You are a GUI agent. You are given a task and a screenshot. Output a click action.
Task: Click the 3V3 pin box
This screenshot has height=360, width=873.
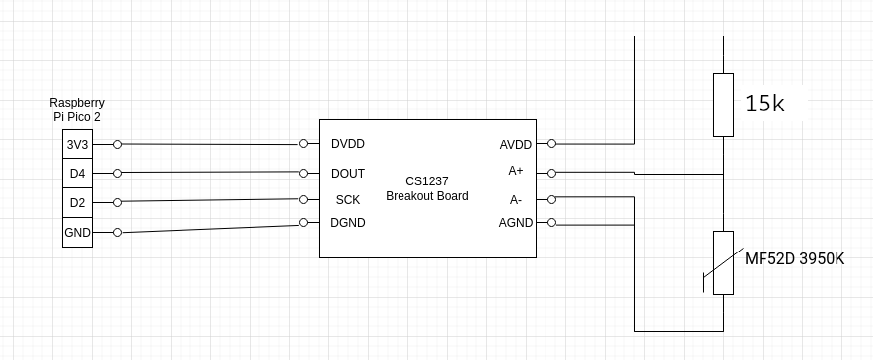[76, 144]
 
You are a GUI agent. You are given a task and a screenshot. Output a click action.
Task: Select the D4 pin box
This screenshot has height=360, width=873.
[76, 174]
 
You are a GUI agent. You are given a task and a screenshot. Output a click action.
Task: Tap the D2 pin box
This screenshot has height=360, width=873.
[76, 203]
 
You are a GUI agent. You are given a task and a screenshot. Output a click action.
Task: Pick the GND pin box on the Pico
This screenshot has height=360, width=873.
[76, 233]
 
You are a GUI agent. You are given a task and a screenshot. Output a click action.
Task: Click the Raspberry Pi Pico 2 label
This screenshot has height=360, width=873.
[77, 109]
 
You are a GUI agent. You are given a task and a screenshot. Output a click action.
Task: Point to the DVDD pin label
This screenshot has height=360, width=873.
[348, 144]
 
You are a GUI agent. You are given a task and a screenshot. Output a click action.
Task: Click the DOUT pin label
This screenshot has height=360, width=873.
[348, 174]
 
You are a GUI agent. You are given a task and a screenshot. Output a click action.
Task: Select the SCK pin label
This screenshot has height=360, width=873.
[348, 200]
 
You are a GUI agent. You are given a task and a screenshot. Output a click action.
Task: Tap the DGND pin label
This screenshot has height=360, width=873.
[348, 223]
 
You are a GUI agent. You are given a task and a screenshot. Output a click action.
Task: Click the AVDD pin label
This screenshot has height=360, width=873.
[515, 145]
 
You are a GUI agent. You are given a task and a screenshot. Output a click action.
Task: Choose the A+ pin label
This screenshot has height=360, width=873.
[516, 171]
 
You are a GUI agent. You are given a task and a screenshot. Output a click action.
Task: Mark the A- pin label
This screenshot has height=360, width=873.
[516, 199]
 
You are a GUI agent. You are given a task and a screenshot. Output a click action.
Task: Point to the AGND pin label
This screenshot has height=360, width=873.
[515, 223]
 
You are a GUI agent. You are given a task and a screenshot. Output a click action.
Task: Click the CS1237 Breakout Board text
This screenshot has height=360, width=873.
[426, 188]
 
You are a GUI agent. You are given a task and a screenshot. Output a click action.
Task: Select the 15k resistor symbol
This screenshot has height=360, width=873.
[723, 105]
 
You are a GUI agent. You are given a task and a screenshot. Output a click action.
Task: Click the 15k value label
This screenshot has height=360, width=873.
[764, 104]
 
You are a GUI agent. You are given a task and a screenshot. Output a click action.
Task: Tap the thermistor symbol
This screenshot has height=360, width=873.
[723, 263]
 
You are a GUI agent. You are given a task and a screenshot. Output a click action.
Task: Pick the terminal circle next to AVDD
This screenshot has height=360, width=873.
[551, 143]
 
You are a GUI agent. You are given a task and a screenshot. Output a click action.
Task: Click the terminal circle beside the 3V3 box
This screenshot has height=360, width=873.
[118, 144]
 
